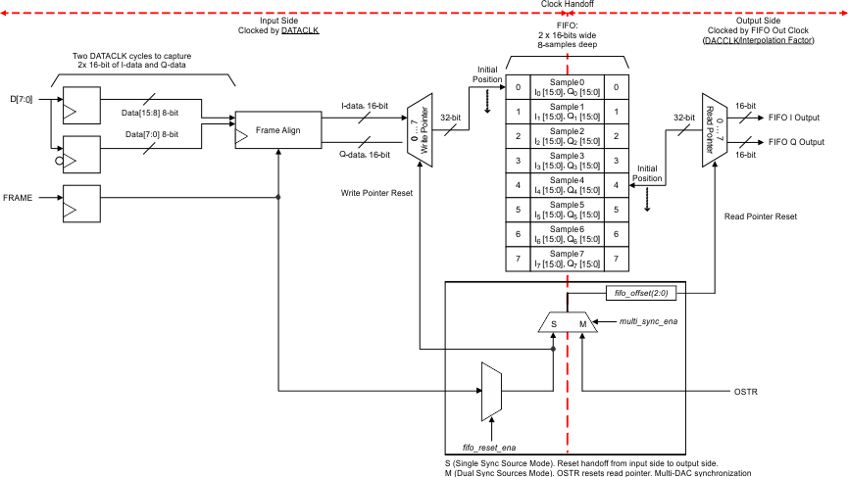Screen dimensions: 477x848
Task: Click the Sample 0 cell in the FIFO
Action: (x=568, y=87)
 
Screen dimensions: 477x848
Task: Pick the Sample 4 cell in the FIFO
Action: (x=568, y=184)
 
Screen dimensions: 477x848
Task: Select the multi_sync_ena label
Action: (x=648, y=320)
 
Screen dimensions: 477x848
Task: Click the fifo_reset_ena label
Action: (x=489, y=446)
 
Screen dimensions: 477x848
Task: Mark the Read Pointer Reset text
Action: (x=761, y=215)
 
